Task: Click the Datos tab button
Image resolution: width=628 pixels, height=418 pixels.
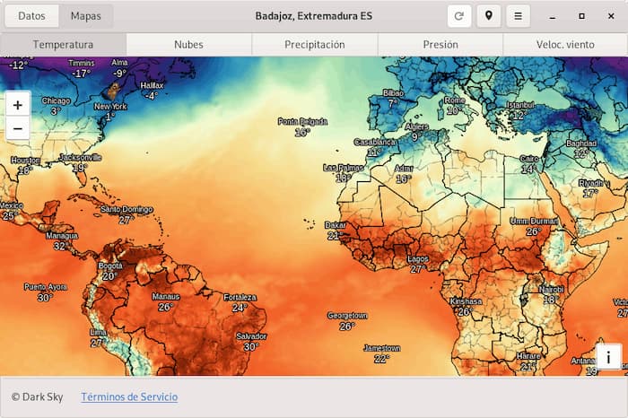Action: coord(31,16)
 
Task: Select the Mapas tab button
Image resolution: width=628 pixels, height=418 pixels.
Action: coord(86,16)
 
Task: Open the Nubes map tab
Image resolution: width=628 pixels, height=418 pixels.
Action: coord(188,45)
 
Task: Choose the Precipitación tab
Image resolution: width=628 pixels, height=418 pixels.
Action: coord(314,45)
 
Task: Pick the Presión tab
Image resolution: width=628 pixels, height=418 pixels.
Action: coord(440,45)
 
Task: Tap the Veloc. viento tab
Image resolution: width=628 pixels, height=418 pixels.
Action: coord(565,45)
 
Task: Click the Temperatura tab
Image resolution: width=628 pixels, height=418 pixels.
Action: coord(63,45)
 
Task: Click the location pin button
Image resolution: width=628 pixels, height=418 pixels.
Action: coord(489,16)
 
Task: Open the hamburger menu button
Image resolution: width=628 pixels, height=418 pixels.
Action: coord(518,16)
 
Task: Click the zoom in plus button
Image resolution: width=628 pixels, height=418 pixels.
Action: coord(18,104)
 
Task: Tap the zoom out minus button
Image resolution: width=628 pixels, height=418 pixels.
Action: coord(18,129)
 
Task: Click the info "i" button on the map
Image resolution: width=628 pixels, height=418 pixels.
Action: coord(608,357)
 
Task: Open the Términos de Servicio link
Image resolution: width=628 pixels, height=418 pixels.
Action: coord(129,396)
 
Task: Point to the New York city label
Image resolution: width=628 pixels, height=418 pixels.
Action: coord(110,107)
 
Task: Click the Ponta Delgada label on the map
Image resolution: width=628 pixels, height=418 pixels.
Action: coord(302,122)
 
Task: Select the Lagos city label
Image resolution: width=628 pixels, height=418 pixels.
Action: coord(418,259)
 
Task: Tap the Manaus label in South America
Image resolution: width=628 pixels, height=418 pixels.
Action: coord(166,297)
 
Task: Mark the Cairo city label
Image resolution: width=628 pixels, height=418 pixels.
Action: coord(529,159)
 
